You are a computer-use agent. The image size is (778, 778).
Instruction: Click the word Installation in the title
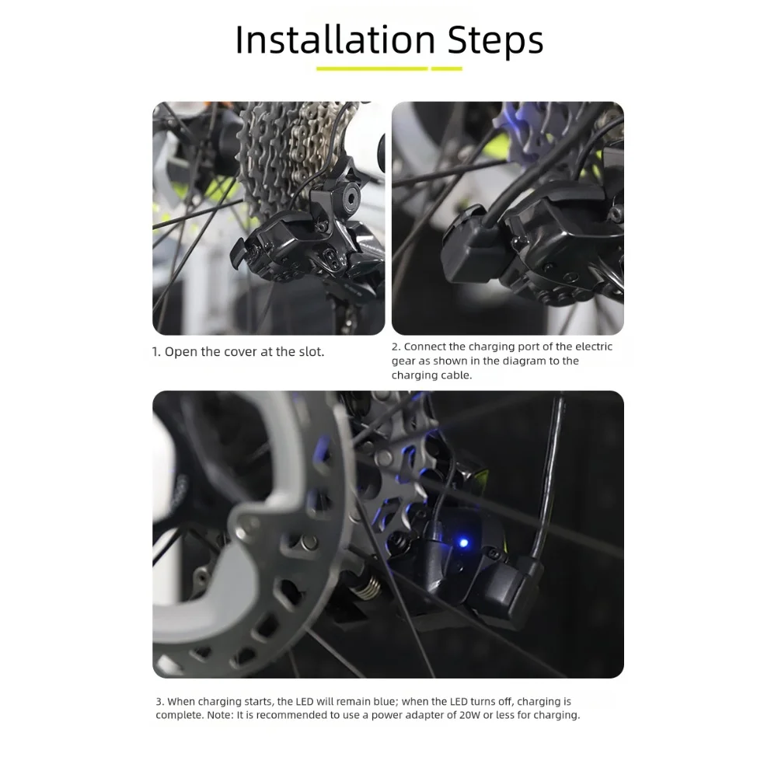pyautogui.click(x=335, y=40)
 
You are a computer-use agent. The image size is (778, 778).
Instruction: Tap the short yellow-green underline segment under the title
pyautogui.click(x=447, y=68)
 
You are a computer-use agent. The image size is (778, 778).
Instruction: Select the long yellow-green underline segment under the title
pyautogui.click(x=372, y=68)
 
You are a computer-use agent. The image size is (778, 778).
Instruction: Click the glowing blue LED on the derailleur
pyautogui.click(x=464, y=543)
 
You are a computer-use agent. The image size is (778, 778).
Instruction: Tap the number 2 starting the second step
pyautogui.click(x=396, y=347)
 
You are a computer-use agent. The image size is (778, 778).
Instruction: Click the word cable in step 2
pyautogui.click(x=457, y=375)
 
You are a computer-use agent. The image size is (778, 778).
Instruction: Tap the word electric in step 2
pyautogui.click(x=594, y=347)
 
